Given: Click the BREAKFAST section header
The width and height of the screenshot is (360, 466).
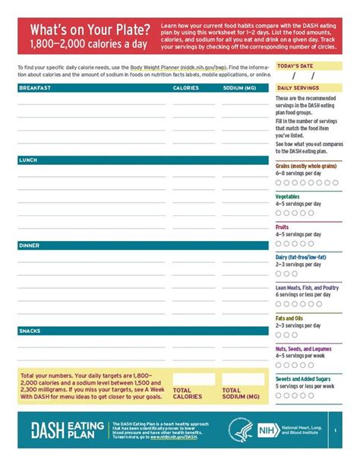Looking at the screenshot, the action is (35, 88).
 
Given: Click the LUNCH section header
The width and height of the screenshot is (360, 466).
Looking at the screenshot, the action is (28, 160).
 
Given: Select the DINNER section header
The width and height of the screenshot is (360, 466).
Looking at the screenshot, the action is (30, 246).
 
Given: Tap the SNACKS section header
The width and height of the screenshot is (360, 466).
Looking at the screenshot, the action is (30, 331).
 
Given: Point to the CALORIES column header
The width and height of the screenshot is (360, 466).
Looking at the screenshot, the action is (186, 88).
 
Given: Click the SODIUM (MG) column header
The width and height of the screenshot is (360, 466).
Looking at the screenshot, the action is (239, 88).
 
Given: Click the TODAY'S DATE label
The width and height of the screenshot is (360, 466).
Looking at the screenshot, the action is (295, 66).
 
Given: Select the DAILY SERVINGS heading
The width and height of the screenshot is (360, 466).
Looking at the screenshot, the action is (298, 88).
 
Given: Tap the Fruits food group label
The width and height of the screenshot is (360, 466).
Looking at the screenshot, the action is (282, 227).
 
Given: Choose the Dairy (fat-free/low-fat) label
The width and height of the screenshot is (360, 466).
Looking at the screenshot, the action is (301, 257).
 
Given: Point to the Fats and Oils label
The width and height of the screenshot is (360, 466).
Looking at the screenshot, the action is (290, 318).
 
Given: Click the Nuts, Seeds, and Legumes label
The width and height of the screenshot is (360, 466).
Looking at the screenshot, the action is (303, 348).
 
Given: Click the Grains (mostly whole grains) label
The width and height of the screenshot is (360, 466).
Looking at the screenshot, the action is (305, 166).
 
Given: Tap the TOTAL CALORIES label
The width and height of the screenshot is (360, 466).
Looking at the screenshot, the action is (187, 393).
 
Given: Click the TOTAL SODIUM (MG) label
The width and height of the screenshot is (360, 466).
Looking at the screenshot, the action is (242, 393).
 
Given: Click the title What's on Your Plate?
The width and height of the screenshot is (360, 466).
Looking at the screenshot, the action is (90, 29).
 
